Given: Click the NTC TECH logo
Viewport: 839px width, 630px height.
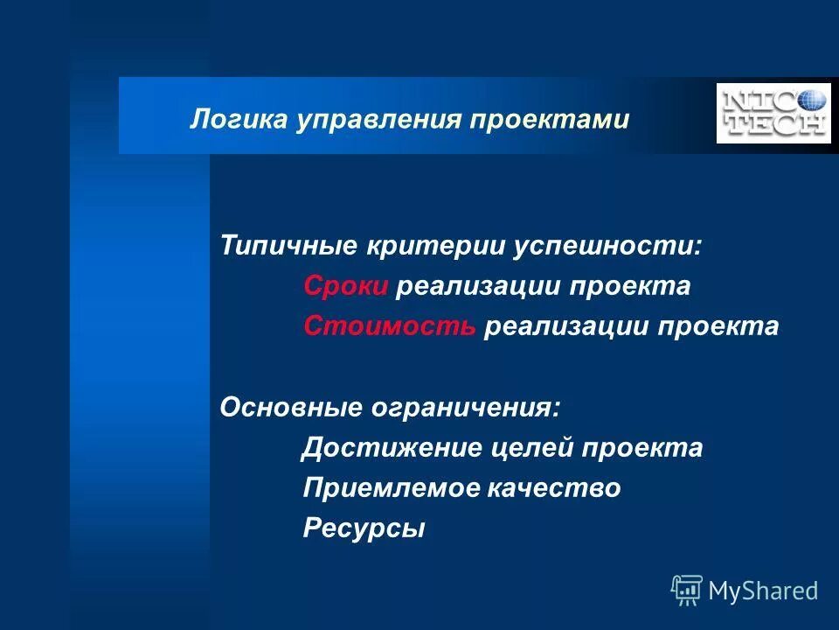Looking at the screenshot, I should point(773,113).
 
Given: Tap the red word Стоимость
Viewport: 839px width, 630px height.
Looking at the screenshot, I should point(390,326).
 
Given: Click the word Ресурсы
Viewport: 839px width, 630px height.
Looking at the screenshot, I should point(364,529).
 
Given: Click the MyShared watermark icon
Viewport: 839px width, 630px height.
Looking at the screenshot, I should point(686,591).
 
